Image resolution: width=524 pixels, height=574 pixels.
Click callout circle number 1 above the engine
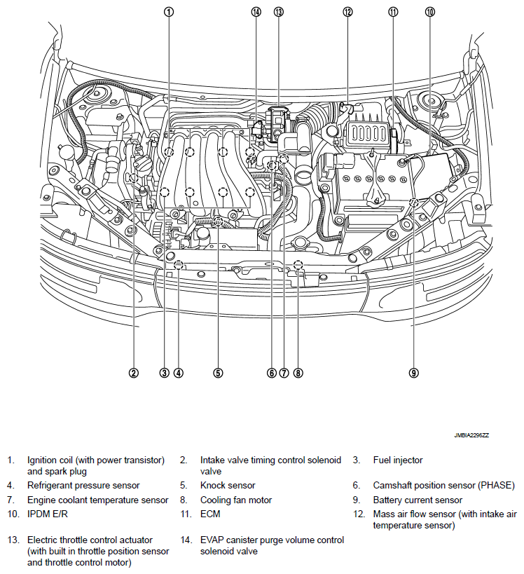click(x=169, y=12)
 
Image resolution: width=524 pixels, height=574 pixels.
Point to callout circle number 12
click(x=347, y=12)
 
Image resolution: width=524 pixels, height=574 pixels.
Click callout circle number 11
click(x=393, y=12)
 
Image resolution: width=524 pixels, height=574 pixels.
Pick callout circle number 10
click(x=429, y=12)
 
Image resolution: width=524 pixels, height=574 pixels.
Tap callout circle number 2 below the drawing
click(x=133, y=373)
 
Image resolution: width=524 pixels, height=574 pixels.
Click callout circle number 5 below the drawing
click(x=219, y=373)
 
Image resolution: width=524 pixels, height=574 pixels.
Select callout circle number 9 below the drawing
click(x=414, y=373)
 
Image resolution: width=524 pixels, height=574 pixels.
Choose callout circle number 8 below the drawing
click(x=298, y=373)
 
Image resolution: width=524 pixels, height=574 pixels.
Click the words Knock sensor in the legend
click(x=228, y=485)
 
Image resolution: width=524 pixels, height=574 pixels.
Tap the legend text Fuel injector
click(x=398, y=460)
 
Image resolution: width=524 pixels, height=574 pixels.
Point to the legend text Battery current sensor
click(x=418, y=500)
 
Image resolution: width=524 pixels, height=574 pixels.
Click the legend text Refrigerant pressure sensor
click(x=83, y=485)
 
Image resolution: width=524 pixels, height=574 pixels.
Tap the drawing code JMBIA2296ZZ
click(x=471, y=435)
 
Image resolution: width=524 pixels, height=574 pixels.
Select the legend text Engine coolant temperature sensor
click(x=98, y=500)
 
